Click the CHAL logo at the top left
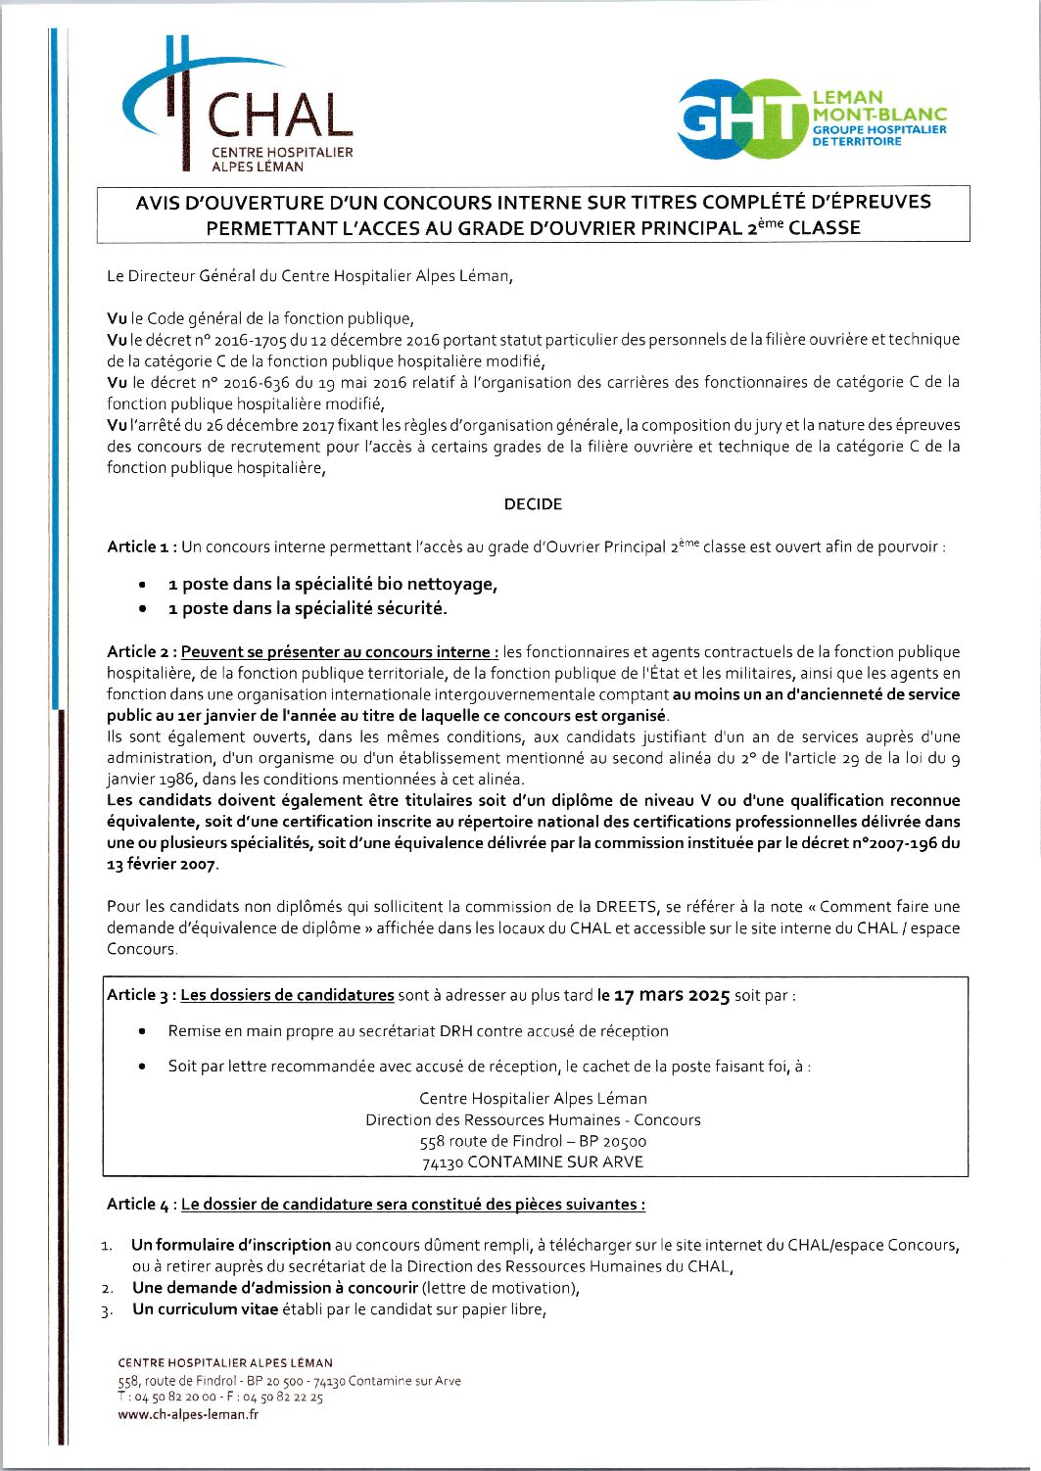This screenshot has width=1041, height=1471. pos(238,106)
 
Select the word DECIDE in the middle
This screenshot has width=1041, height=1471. pos(533,504)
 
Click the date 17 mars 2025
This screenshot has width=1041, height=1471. pos(672,996)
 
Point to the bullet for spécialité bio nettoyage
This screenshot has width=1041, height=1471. pos(144,585)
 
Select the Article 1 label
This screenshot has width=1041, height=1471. pos(142,546)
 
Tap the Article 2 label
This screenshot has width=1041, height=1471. pos(142,652)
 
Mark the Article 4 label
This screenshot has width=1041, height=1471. pos(142,1205)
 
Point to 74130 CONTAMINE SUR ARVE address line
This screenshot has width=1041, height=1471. pos(533,1163)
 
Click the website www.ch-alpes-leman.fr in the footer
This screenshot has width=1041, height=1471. pos(188,1414)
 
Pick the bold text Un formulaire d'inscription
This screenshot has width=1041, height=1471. pos(231,1246)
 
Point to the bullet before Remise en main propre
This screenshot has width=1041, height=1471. pos(144,1031)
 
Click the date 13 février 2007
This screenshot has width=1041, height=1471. pos(162,865)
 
